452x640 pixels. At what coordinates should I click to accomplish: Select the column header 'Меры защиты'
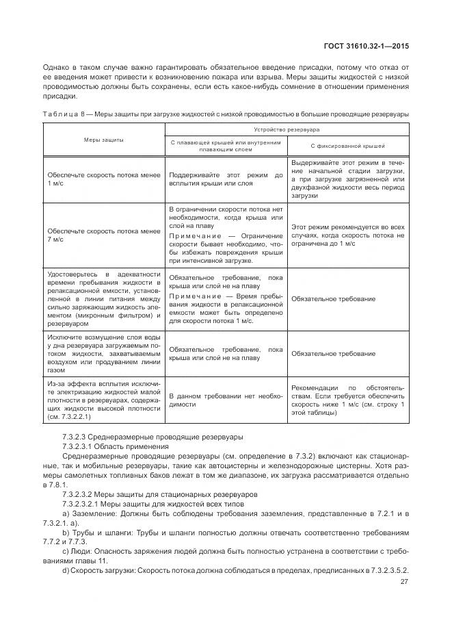(x=103, y=140)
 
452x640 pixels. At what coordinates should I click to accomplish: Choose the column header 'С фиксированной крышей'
(x=347, y=146)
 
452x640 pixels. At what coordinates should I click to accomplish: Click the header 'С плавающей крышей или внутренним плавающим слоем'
(x=225, y=146)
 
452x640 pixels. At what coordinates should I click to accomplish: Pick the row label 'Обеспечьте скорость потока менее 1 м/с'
(x=103, y=179)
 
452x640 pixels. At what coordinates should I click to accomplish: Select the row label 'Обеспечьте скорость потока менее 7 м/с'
(x=103, y=235)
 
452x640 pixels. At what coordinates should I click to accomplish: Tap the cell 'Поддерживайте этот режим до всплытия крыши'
(x=225, y=179)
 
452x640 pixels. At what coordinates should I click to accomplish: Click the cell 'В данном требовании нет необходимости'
(x=225, y=400)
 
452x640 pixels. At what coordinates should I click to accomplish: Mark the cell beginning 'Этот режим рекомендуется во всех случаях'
(x=347, y=235)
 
